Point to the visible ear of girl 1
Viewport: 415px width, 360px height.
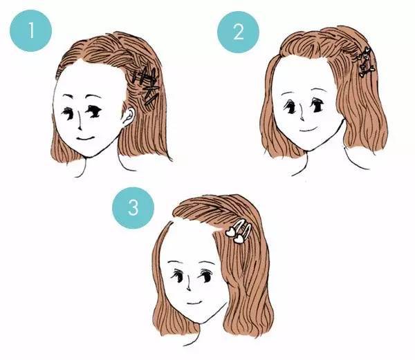point(127,117)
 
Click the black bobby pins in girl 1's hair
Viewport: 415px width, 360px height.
point(147,86)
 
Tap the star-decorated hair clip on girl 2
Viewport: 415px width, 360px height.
point(364,61)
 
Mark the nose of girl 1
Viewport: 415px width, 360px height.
point(78,124)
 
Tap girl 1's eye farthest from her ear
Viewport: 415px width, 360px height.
point(67,111)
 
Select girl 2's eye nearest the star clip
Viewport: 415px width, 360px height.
point(317,105)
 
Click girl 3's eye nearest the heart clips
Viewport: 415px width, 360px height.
point(205,276)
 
